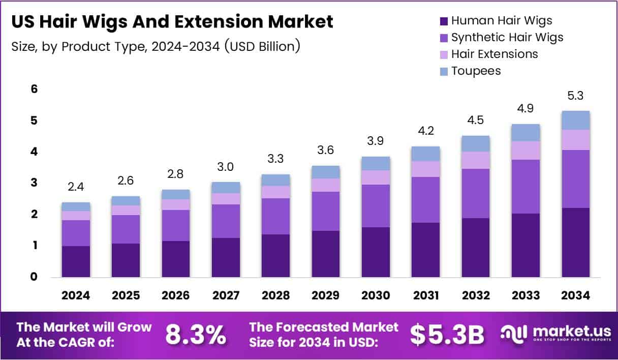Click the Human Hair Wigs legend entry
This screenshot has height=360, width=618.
pos(501,21)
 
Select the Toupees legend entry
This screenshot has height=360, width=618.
pos(476,71)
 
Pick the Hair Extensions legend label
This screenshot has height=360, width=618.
pos(495,54)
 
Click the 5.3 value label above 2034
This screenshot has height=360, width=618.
pos(575,96)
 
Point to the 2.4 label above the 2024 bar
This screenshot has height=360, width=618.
pos(76,187)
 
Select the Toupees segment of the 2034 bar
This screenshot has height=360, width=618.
pos(575,120)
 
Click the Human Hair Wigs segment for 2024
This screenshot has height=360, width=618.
pos(76,261)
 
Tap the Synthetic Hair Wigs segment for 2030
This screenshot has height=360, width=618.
pos(376,206)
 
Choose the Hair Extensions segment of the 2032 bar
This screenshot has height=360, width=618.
pos(475,160)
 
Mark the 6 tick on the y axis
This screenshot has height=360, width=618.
pos(34,89)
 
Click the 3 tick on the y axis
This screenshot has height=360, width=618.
pos(34,183)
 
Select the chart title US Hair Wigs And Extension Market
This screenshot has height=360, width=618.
pos(172,22)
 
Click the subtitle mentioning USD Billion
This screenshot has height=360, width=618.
pos(155,47)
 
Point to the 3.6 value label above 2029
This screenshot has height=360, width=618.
pos(326,151)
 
